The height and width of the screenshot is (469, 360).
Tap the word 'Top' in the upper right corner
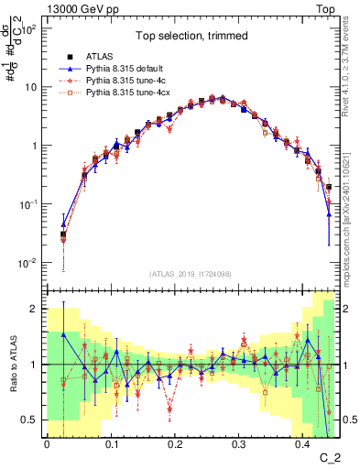[328, 7]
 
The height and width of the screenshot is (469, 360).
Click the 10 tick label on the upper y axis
[30, 87]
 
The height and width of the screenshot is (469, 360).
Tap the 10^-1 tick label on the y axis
[27, 204]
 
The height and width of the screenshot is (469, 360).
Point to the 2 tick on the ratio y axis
[34, 309]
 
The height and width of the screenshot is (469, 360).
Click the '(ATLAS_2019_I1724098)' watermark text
[190, 274]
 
